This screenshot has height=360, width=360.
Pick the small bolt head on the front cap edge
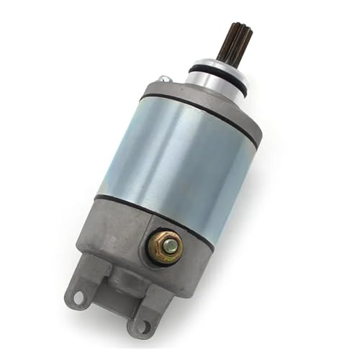(x=165, y=78)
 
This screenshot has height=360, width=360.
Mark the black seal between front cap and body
(x=202, y=115)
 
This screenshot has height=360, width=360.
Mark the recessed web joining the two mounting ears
(x=108, y=302)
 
